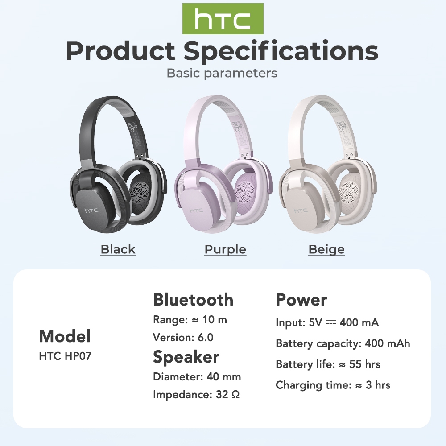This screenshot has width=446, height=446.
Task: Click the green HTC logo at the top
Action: [223, 19]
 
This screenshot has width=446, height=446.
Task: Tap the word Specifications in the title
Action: [281, 51]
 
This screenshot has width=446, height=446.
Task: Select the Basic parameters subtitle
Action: [222, 73]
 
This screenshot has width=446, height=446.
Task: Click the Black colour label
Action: [118, 249]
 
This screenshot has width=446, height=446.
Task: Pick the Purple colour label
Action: [225, 249]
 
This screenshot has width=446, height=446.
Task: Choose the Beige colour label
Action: [326, 249]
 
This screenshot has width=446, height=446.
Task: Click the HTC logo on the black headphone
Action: [91, 210]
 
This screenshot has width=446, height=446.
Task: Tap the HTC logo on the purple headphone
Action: [197, 210]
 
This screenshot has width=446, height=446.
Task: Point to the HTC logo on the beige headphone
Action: [301, 211]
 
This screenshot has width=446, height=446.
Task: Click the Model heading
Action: [65, 336]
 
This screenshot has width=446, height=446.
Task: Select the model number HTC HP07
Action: [65, 356]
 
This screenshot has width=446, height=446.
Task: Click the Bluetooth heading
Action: [193, 300]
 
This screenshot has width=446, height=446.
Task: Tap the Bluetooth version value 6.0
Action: [205, 338]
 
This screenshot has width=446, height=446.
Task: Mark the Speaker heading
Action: [186, 357]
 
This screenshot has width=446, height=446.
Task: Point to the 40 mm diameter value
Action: [224, 377]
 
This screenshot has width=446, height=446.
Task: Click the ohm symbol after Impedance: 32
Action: [235, 395]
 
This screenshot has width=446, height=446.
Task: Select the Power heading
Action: [301, 300]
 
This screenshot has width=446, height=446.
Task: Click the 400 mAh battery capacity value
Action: [388, 343]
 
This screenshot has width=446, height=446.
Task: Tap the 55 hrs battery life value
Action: [365, 364]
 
